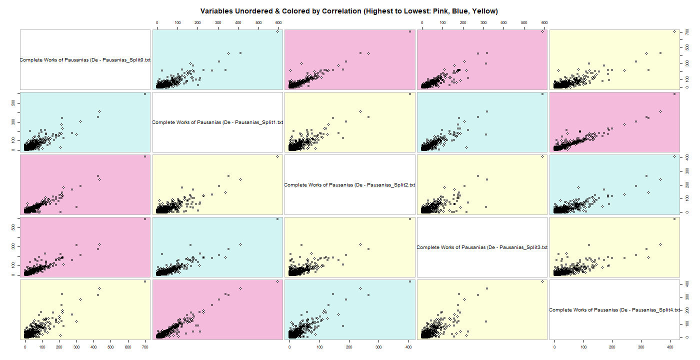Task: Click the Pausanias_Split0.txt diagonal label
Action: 85,60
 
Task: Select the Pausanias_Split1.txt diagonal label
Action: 217,122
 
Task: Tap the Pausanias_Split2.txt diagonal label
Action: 349,185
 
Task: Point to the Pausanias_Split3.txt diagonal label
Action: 482,247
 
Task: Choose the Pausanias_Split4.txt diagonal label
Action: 614,310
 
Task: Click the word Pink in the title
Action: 430,11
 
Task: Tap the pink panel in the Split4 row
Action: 217,310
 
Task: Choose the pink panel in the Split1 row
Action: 614,122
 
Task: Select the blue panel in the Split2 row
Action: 614,185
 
